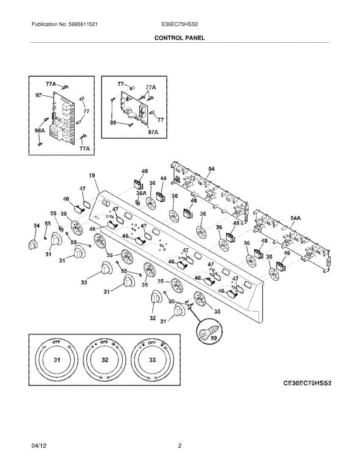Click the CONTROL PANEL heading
click(x=179, y=38)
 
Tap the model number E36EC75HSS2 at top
click(x=180, y=24)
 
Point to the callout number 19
click(x=92, y=176)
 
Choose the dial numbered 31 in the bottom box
click(x=57, y=360)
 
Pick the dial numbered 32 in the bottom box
click(x=105, y=360)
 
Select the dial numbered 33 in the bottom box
click(x=153, y=360)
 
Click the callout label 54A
click(x=296, y=219)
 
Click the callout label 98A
click(x=40, y=131)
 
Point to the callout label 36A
click(x=141, y=193)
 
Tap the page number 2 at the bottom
click(x=179, y=446)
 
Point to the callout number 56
click(x=54, y=214)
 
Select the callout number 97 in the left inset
click(x=38, y=95)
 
